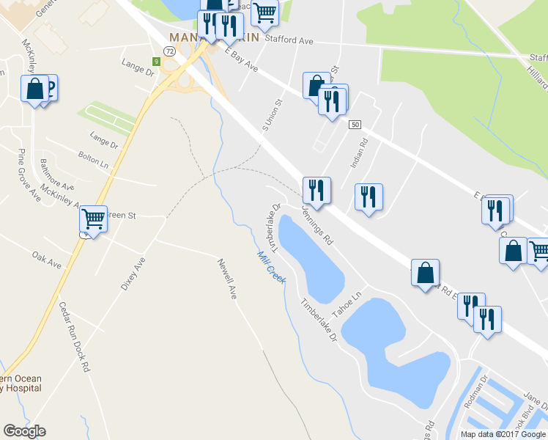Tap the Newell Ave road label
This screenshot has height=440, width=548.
(x=227, y=277)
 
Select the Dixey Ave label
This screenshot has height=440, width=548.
(x=133, y=274)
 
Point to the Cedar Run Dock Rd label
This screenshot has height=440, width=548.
(x=75, y=335)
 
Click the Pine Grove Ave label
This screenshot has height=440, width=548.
(x=28, y=175)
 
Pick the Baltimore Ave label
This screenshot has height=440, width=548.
(x=57, y=172)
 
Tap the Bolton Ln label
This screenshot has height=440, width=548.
(x=94, y=160)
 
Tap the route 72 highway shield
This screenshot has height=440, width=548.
(x=169, y=51)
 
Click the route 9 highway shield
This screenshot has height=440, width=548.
(x=157, y=62)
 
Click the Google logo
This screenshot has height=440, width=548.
(x=24, y=431)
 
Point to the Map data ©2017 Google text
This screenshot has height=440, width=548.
(x=503, y=434)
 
